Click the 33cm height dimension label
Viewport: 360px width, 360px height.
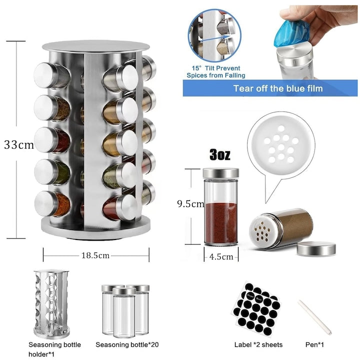(19, 145)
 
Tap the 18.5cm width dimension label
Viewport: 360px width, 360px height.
(95, 255)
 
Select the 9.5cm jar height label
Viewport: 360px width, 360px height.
(190, 204)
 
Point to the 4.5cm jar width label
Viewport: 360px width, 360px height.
(221, 256)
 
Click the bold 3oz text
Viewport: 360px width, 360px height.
(219, 155)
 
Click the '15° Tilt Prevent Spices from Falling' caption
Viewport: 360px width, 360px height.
(216, 71)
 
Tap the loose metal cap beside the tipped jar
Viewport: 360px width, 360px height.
(316, 248)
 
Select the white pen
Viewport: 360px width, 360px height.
(315, 317)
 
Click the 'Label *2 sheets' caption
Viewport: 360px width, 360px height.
(258, 344)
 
